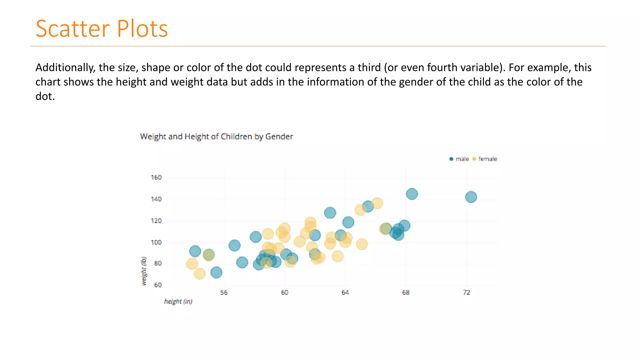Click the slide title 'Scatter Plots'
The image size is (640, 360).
[102, 29]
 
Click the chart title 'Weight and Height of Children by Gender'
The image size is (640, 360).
[216, 137]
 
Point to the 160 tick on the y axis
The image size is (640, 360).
[156, 177]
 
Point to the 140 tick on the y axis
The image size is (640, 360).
[156, 199]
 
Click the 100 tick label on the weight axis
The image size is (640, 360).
[156, 242]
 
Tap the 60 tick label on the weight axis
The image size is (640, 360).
[158, 285]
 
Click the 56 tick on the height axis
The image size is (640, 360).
[224, 292]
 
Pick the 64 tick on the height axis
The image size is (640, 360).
[345, 292]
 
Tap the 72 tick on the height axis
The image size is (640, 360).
[466, 292]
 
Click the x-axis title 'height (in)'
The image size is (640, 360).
[178, 301]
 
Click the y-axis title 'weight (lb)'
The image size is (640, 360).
[144, 271]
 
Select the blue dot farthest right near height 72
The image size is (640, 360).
[471, 197]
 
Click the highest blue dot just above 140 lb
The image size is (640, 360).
[412, 194]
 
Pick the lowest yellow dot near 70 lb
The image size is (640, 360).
[199, 274]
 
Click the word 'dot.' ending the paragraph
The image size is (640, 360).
[45, 96]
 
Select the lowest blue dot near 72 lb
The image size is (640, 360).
[216, 272]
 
